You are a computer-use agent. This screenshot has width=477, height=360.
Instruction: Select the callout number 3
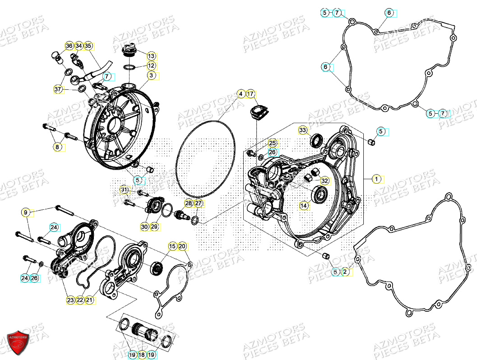[151, 75]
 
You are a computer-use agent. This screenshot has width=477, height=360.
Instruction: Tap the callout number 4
[241, 94]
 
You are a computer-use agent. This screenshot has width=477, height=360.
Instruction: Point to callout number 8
[57, 147]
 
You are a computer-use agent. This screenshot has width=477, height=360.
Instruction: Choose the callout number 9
[26, 212]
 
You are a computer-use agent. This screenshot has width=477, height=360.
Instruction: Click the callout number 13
[151, 56]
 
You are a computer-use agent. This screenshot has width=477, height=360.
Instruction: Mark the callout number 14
[304, 206]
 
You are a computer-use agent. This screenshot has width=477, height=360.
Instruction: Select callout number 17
[251, 94]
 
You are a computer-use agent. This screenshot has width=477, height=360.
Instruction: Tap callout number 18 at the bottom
[141, 355]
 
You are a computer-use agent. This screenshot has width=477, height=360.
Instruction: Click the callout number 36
[69, 46]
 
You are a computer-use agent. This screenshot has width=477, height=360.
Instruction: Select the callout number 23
[70, 300]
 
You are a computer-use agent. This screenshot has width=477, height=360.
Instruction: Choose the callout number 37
[58, 89]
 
